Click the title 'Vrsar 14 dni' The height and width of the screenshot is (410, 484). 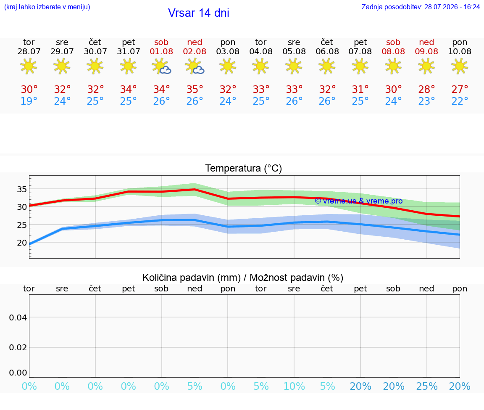pos(198,13)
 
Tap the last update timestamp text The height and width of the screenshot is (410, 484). pos(421,7)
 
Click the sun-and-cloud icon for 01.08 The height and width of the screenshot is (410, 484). pos(161,66)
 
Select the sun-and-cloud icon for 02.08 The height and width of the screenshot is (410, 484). pos(195,66)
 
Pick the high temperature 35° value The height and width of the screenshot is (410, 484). pos(195,89)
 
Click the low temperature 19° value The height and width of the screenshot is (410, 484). pos(29,101)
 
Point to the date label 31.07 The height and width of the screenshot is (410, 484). pos(129,52)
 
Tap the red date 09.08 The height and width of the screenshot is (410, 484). pos(426,52)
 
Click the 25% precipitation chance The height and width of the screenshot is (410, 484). pos(427,386)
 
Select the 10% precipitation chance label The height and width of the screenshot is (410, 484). pos(294,386)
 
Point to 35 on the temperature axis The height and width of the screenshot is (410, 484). pos(22,189)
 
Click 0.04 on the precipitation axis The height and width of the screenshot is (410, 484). pos(18,317)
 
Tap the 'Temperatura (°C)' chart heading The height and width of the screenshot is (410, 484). pos(244,168)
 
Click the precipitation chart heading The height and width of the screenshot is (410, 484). pos(243,278)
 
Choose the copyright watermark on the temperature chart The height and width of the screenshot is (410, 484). pos(359,201)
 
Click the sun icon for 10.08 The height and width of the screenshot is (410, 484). pos(460,66)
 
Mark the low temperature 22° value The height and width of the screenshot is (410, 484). pos(460,101)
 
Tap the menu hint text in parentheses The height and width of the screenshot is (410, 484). pos(47,7)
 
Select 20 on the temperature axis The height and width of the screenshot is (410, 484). pos(22,243)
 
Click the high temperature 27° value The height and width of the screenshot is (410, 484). pos(460,89)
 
